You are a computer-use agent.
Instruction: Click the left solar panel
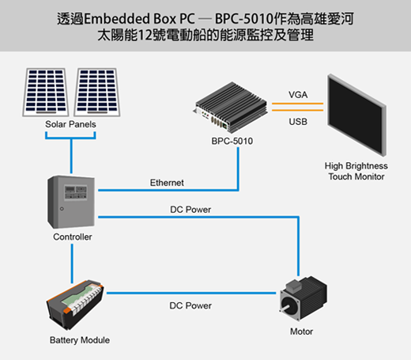click(46, 92)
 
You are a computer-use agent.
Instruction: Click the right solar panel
click(97, 92)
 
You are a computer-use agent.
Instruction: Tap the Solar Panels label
click(70, 124)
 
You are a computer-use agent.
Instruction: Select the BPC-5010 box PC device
click(231, 107)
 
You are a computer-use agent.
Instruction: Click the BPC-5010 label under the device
click(232, 141)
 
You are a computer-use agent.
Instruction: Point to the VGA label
click(298, 95)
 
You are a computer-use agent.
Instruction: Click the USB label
click(298, 122)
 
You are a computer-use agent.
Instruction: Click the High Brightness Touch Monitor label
click(356, 171)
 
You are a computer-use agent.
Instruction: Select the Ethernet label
click(167, 183)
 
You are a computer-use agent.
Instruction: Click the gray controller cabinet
click(71, 202)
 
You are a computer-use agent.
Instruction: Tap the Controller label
click(73, 237)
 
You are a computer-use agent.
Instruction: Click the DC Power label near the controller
click(190, 210)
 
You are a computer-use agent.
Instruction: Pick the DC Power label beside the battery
click(190, 305)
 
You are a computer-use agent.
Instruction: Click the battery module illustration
click(75, 305)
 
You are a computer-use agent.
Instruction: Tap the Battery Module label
click(80, 340)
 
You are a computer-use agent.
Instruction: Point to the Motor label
click(301, 332)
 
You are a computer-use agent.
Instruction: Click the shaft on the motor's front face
click(285, 308)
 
